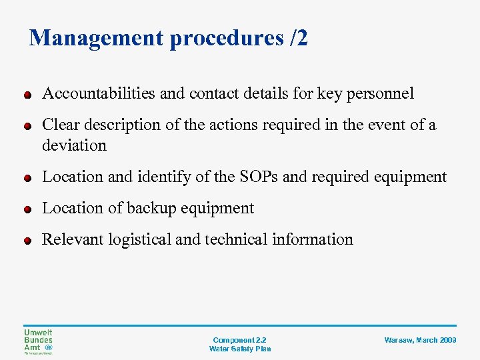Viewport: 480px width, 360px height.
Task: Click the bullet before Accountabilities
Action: pos(27,95)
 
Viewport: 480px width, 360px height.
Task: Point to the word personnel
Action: pos(379,93)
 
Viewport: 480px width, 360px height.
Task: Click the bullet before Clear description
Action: pos(27,126)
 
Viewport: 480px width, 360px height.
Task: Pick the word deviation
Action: pos(74,145)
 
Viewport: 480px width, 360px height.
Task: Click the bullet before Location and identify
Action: pos(27,178)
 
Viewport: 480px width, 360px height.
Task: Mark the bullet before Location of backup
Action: pos(27,209)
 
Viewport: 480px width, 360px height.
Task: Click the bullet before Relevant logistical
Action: pos(27,241)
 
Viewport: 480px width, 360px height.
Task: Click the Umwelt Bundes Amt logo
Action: pos(38,341)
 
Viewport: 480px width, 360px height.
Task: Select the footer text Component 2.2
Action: pos(239,340)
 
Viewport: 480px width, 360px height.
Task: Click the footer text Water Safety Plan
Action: pos(239,349)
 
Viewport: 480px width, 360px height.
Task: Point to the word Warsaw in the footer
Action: pos(399,340)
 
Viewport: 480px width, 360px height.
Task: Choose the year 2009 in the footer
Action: pos(447,340)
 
